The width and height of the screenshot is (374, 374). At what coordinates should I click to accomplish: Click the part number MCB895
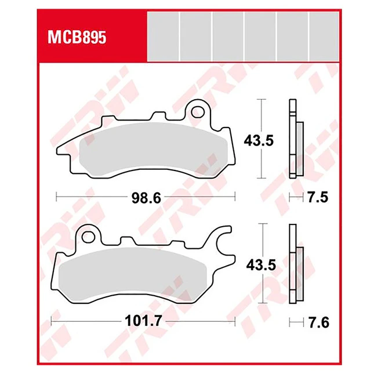(x=77, y=38)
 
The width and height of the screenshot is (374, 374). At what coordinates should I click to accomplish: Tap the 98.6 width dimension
(x=146, y=198)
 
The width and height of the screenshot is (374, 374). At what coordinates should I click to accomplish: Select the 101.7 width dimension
(x=144, y=321)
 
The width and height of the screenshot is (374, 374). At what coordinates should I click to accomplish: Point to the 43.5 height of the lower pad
(x=261, y=265)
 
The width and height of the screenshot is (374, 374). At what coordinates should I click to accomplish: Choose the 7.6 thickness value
(x=318, y=322)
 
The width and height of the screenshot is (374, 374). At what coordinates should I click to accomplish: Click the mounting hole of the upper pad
(x=198, y=112)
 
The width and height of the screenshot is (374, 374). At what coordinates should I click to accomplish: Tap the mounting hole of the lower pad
(x=89, y=237)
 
